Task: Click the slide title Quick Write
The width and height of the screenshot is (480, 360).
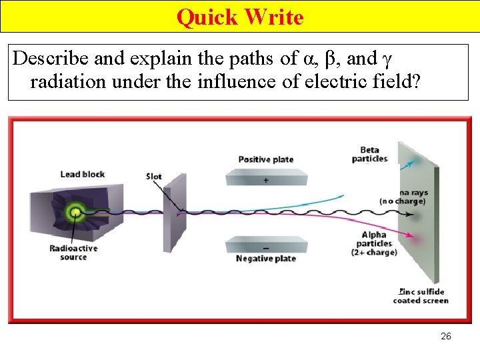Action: (x=240, y=17)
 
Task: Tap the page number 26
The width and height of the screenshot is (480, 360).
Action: (x=446, y=336)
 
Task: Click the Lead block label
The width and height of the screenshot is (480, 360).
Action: (x=83, y=175)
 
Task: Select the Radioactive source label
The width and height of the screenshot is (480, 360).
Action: (x=73, y=253)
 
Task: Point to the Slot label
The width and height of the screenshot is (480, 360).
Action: (x=154, y=177)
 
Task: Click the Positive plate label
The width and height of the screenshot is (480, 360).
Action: (x=266, y=159)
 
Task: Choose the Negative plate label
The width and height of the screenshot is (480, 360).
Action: (x=266, y=259)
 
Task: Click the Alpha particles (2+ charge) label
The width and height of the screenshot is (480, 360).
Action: (x=378, y=243)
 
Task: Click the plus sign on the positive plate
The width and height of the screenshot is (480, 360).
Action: (x=267, y=181)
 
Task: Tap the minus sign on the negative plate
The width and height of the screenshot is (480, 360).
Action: (x=266, y=248)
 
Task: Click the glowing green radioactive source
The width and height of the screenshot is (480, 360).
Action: (x=75, y=213)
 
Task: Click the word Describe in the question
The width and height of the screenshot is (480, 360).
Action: (x=51, y=59)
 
